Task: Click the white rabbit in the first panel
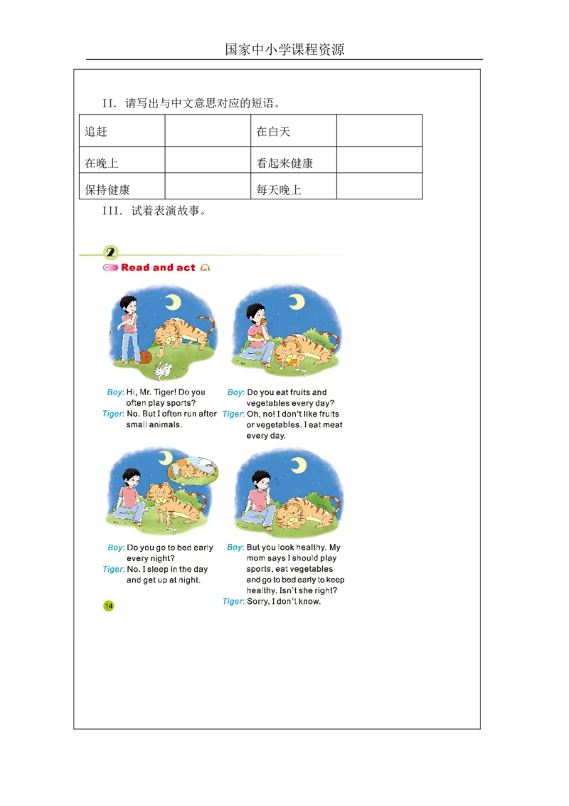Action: pyautogui.click(x=164, y=370)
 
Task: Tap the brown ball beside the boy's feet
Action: pyautogui.click(x=145, y=356)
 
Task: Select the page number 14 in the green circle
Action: pyautogui.click(x=109, y=606)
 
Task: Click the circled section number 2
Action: pyautogui.click(x=111, y=253)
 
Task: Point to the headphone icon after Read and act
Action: pyautogui.click(x=205, y=268)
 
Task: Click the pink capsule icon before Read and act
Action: pyautogui.click(x=110, y=268)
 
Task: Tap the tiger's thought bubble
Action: pyautogui.click(x=192, y=469)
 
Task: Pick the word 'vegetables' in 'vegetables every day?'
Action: pyautogui.click(x=268, y=404)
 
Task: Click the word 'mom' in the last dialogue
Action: pyautogui.click(x=257, y=559)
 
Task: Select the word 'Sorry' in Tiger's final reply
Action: pyautogui.click(x=257, y=602)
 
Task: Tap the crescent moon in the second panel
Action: pyautogui.click(x=296, y=302)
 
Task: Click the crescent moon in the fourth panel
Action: pyautogui.click(x=299, y=464)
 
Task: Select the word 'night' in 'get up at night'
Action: pyautogui.click(x=188, y=580)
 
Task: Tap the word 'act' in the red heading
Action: pyautogui.click(x=186, y=268)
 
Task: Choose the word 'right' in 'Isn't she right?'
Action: pyautogui.click(x=326, y=591)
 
